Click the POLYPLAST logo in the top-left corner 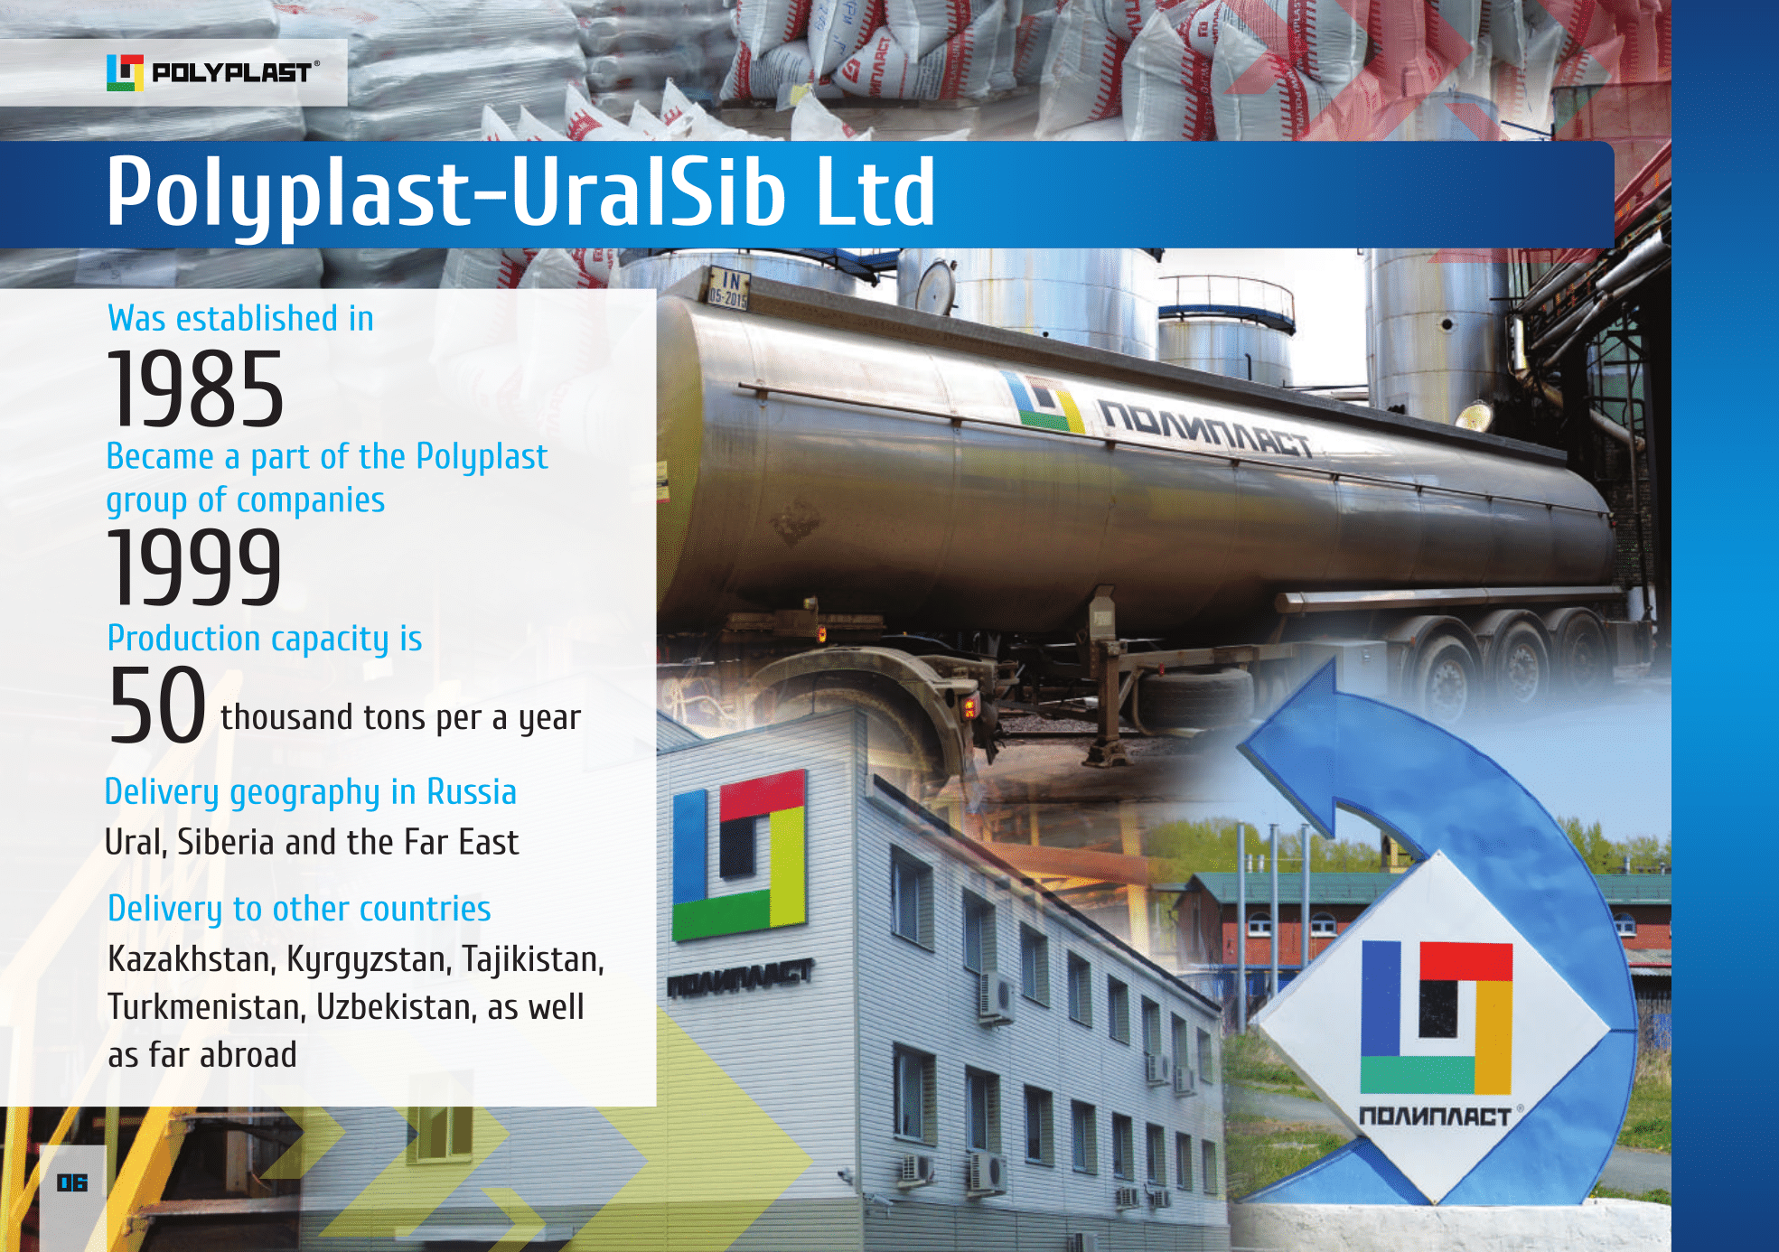click(213, 72)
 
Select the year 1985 click(196, 388)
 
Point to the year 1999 click(195, 566)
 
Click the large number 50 click(157, 705)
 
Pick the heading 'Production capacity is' click(265, 639)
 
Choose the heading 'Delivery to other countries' click(299, 909)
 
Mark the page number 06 click(72, 1182)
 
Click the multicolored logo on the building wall click(739, 854)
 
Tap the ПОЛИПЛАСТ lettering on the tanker click(1205, 429)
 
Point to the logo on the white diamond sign click(1436, 1017)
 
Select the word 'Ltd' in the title click(875, 192)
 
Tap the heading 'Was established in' click(240, 319)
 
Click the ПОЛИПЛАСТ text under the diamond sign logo click(1436, 1117)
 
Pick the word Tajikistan click(533, 959)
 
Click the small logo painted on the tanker click(1043, 402)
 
